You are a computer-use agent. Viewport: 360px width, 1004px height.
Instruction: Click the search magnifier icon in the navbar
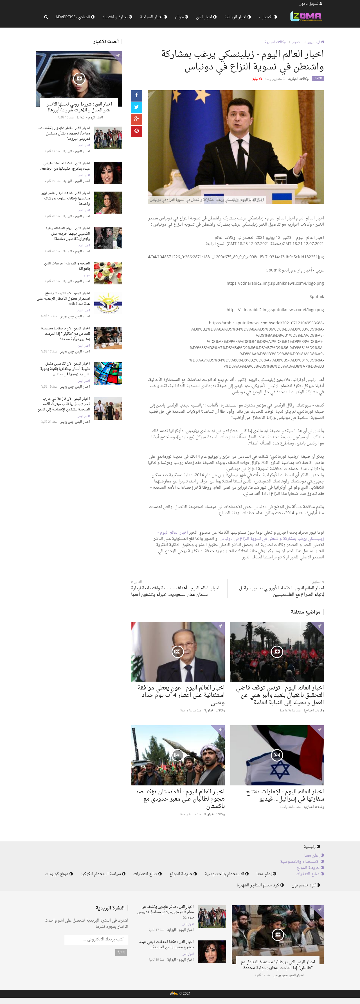pos(46,17)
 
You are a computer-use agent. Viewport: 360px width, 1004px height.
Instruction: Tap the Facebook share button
pos(136,95)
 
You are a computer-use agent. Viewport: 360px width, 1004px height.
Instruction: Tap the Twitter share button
pos(136,107)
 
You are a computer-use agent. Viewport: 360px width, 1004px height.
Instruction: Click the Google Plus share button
pos(136,119)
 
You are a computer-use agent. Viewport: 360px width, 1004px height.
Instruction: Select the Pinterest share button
pos(136,131)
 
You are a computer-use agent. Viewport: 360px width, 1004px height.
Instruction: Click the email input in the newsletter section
pos(96,939)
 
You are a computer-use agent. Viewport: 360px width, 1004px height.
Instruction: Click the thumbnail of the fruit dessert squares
pos(108,273)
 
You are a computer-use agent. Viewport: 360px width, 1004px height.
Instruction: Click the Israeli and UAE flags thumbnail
pos(277,755)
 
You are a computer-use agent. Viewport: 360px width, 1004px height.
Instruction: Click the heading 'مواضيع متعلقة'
pos(305,612)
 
